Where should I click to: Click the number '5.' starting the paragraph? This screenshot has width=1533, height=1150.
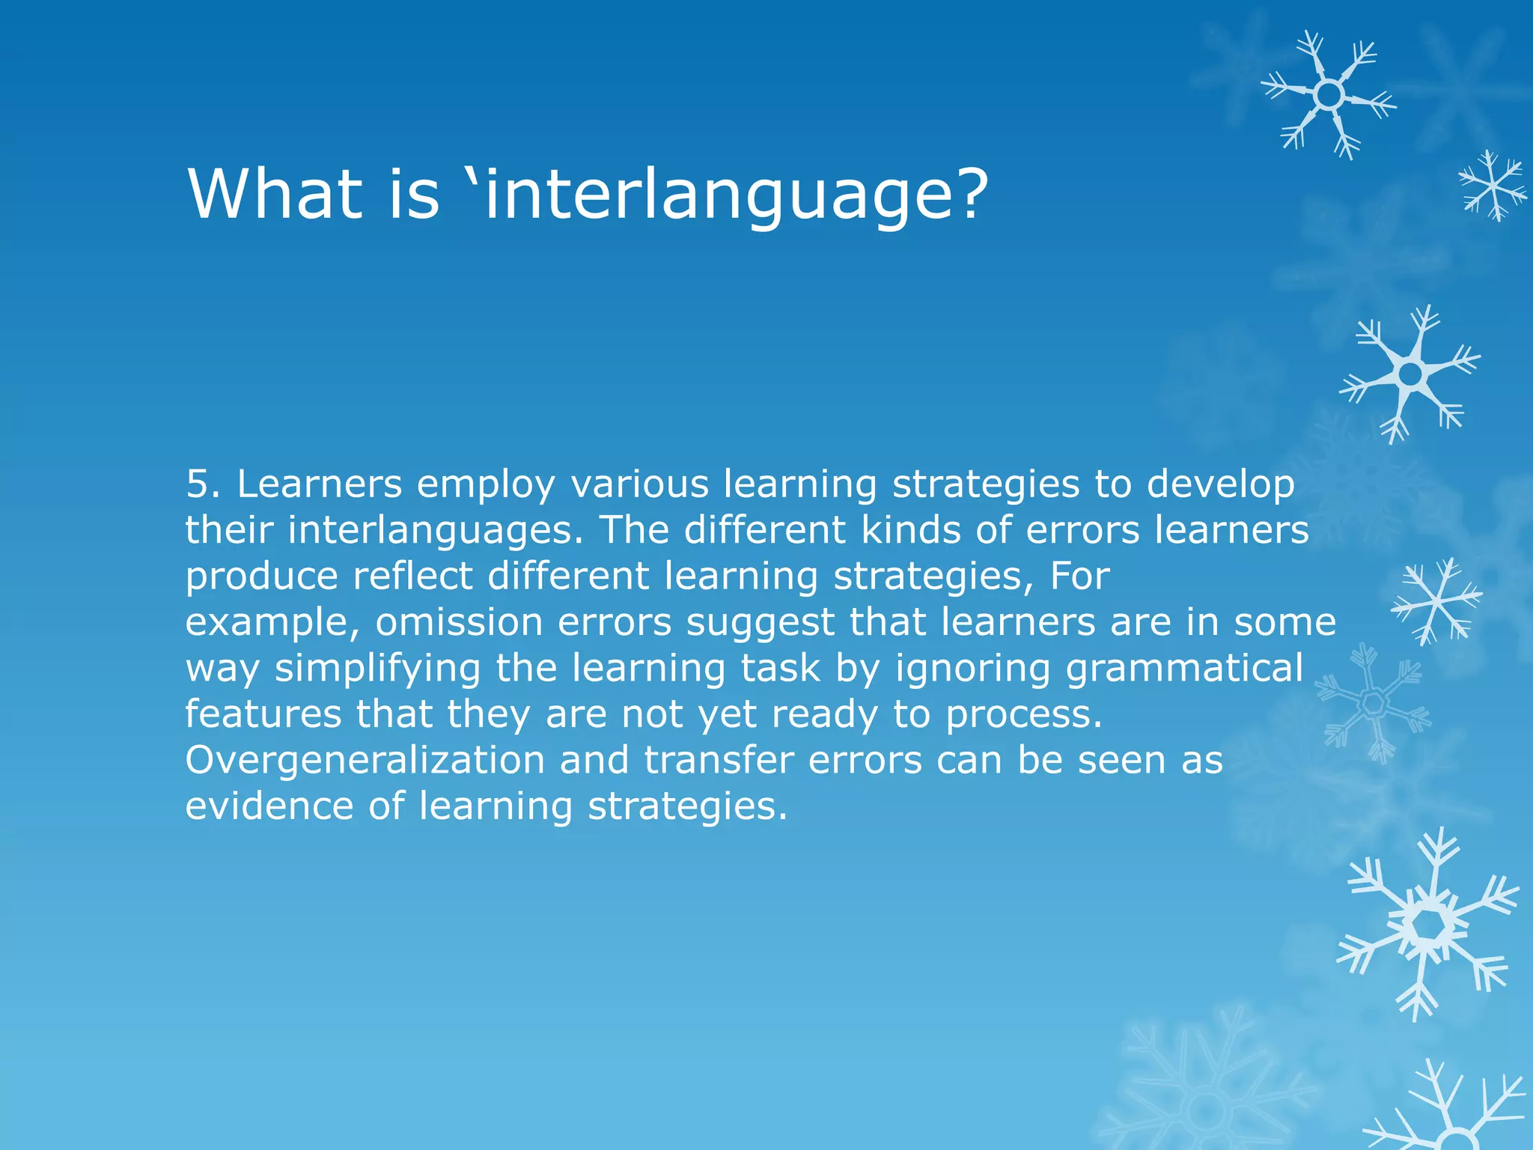[x=203, y=484]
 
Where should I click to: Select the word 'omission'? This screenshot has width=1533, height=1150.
[x=459, y=622]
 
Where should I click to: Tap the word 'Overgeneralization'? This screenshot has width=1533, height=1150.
[x=365, y=761]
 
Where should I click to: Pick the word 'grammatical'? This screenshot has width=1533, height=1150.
[x=1185, y=669]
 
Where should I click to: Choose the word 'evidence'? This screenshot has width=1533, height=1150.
[x=269, y=806]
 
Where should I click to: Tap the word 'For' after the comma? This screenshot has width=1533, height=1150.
[x=1079, y=576]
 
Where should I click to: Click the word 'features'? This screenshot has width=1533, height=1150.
[x=263, y=714]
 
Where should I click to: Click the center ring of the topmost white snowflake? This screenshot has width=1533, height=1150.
[x=1329, y=95]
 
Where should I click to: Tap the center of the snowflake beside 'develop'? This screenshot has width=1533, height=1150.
[x=1410, y=374]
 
